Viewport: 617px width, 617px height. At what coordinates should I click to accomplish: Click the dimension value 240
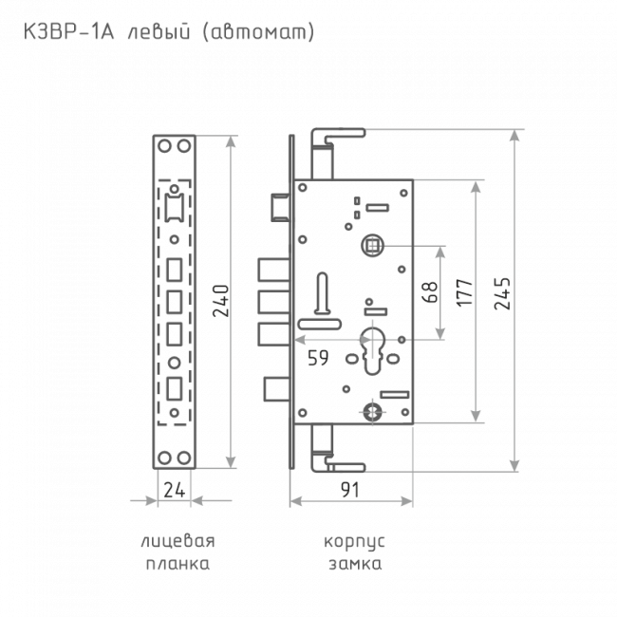(x=220, y=301)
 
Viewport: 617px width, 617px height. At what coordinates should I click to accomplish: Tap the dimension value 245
(x=502, y=293)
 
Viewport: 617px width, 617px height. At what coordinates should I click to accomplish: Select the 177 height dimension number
(x=465, y=292)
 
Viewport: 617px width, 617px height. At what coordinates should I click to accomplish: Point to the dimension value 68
(x=430, y=292)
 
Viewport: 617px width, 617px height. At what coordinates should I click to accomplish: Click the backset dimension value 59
(x=318, y=358)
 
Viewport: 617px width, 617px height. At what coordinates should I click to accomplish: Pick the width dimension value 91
(x=350, y=490)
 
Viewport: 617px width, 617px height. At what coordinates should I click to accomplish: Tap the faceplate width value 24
(x=175, y=490)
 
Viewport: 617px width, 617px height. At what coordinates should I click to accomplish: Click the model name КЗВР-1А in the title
(x=69, y=32)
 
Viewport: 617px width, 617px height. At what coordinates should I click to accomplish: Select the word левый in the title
(x=159, y=32)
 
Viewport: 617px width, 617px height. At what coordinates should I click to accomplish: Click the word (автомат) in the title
(x=258, y=32)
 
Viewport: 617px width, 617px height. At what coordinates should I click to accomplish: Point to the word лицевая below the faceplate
(x=178, y=541)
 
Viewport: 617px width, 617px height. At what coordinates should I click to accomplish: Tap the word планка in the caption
(x=178, y=564)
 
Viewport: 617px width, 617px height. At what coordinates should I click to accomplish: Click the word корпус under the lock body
(x=354, y=542)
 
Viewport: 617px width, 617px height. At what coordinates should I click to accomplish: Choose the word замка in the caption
(x=355, y=564)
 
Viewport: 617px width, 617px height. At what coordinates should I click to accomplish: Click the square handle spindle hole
(x=372, y=246)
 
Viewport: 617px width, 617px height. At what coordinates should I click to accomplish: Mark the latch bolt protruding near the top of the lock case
(x=281, y=208)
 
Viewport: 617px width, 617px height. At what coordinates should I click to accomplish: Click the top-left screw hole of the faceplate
(x=164, y=146)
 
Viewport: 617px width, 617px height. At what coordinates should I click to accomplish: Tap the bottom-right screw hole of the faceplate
(x=184, y=458)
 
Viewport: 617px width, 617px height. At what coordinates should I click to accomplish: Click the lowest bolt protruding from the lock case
(x=277, y=389)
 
